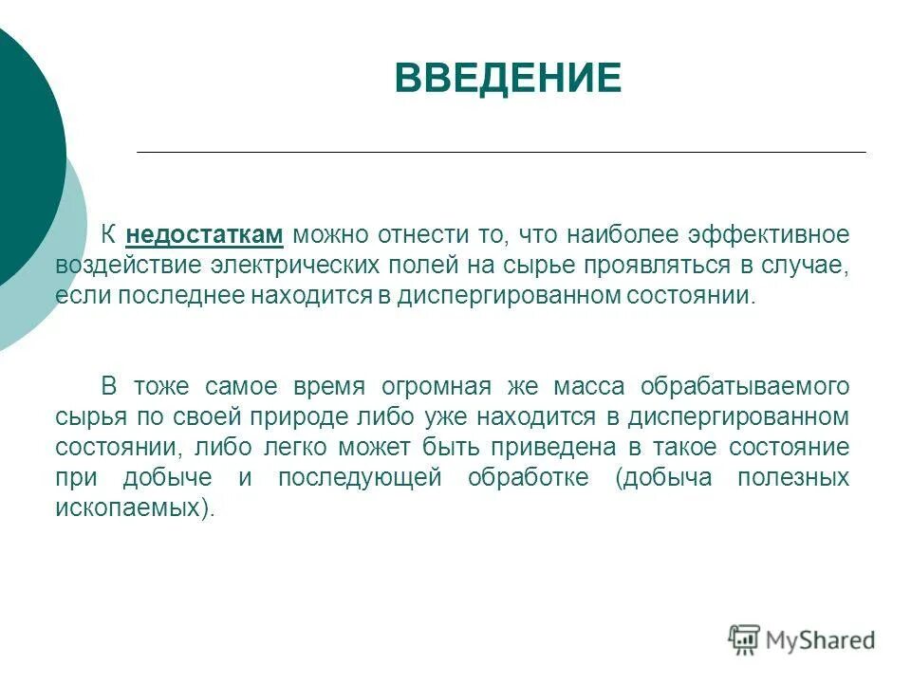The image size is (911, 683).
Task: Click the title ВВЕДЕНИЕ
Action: pyautogui.click(x=508, y=78)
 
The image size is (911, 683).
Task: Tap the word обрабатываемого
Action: pyautogui.click(x=744, y=386)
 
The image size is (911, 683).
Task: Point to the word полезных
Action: pyautogui.click(x=793, y=477)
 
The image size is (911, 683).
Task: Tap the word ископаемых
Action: pyautogui.click(x=130, y=508)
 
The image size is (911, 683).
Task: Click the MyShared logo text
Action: pyautogui.click(x=821, y=640)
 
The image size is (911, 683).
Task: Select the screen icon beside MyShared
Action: pyautogui.click(x=745, y=639)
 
